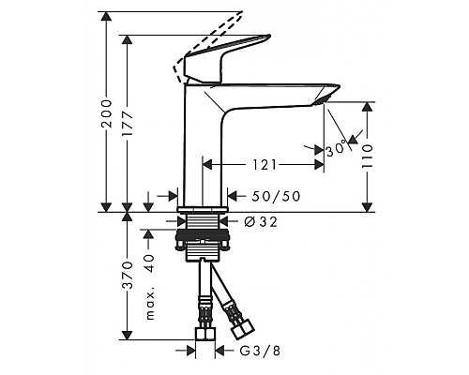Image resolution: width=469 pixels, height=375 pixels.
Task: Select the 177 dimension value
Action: [133, 122]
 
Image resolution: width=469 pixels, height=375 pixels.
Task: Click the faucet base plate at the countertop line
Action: [202, 205]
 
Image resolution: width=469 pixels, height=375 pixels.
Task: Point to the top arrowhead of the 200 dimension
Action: [106, 12]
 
